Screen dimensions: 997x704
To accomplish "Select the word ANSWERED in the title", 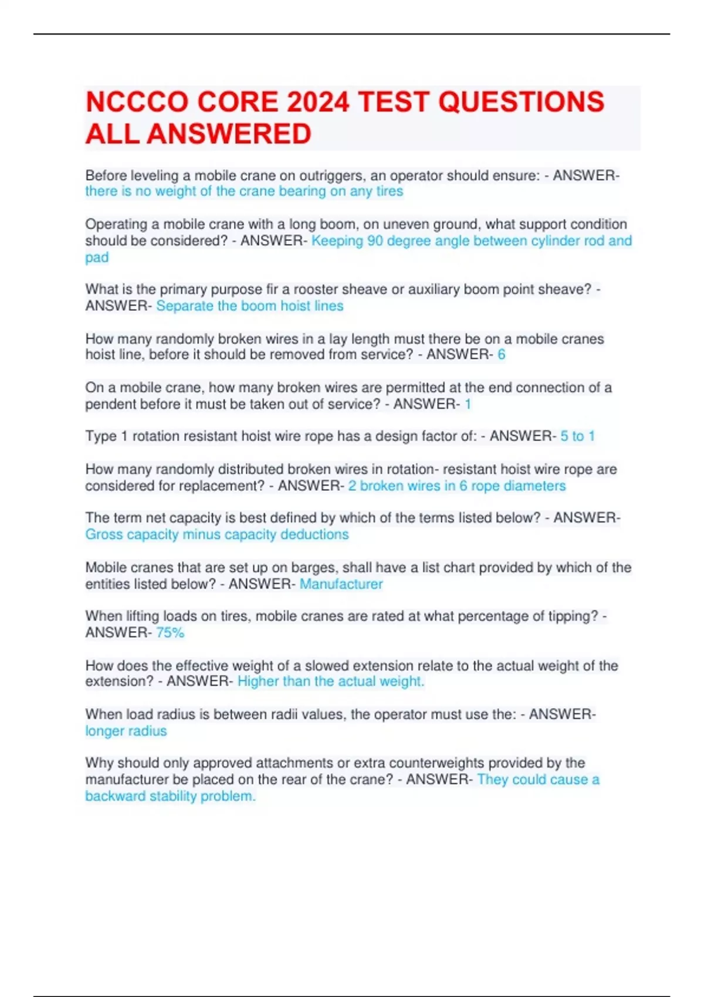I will click(229, 134).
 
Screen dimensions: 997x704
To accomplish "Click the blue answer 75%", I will click(170, 633).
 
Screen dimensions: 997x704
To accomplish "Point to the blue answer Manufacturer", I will click(341, 584).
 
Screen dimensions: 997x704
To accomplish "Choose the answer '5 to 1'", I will click(577, 436).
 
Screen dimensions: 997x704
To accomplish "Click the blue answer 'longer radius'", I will click(126, 731).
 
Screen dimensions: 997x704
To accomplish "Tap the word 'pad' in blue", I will click(97, 257).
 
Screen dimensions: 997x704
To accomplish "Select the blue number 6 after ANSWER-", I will click(501, 355).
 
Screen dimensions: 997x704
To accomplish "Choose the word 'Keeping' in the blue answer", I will click(337, 241).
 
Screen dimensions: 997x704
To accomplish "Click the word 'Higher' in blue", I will click(258, 681).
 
